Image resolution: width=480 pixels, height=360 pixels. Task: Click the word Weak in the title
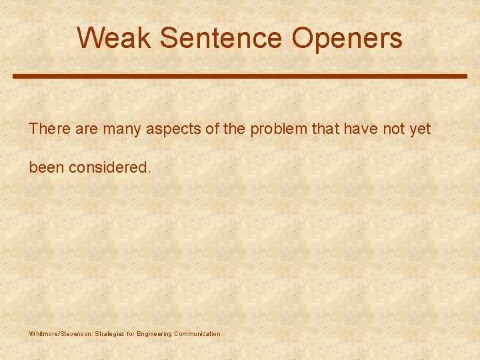pyautogui.click(x=114, y=38)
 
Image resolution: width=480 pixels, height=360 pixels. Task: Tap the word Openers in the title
pyautogui.click(x=347, y=38)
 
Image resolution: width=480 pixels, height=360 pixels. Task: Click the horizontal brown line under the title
pyautogui.click(x=240, y=76)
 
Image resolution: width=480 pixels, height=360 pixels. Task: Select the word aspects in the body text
pyautogui.click(x=173, y=129)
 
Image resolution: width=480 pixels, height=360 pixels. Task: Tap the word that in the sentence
pyautogui.click(x=326, y=129)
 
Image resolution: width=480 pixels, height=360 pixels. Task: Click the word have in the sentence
pyautogui.click(x=359, y=129)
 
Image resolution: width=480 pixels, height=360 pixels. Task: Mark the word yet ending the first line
pyautogui.click(x=420, y=129)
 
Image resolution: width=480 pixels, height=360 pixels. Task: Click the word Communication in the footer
pyautogui.click(x=197, y=333)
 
